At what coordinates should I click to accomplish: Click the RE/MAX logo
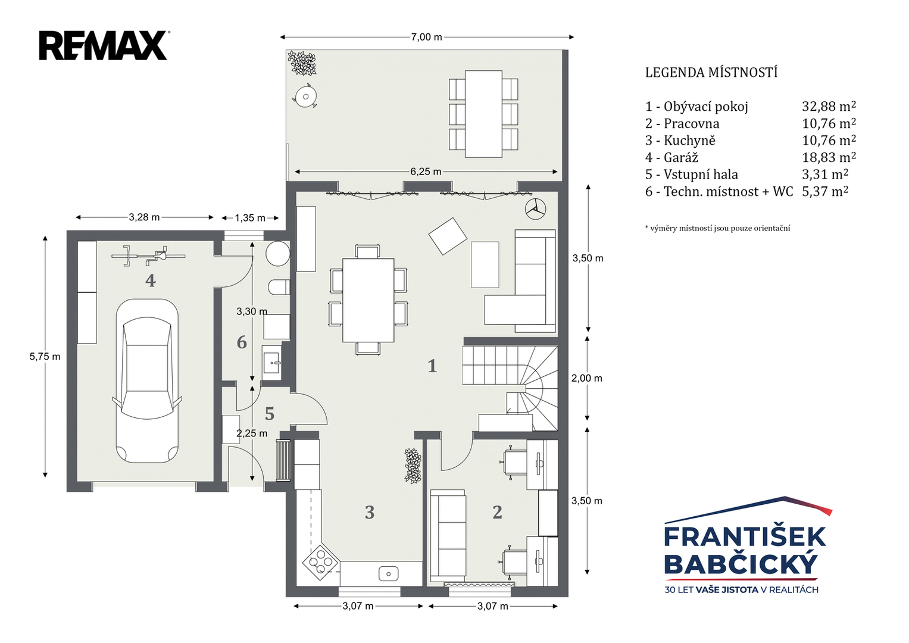[104, 45]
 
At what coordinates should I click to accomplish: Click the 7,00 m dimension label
[426, 37]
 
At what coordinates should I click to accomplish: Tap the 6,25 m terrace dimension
[426, 171]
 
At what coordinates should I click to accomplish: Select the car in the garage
[146, 381]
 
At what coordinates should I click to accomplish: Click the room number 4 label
[151, 280]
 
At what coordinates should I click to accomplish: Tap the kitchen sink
[388, 574]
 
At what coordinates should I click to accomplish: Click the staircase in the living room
[510, 388]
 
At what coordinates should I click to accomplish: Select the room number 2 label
[497, 512]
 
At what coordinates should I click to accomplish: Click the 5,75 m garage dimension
[45, 357]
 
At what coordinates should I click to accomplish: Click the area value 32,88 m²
[829, 107]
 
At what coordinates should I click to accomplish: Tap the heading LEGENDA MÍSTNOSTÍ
[711, 73]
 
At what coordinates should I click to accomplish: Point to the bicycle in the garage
[149, 256]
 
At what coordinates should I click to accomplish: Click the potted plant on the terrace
[302, 63]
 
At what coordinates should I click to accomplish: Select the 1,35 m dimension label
[250, 218]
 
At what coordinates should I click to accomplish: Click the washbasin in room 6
[272, 363]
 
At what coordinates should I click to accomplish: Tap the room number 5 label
[270, 414]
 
